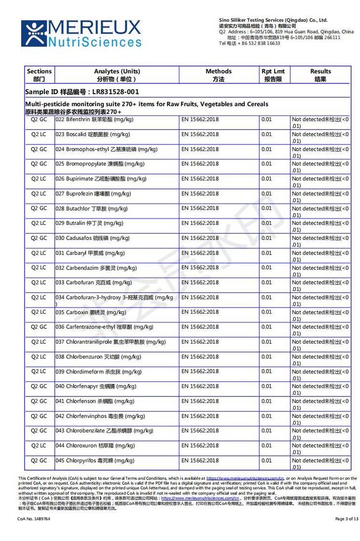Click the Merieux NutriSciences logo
click(x=81, y=33)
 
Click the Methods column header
click(x=218, y=75)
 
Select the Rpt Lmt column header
click(x=273, y=75)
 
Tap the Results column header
click(x=321, y=75)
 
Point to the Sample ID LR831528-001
click(x=82, y=92)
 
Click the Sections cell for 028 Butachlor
click(x=39, y=208)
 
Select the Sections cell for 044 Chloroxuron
click(x=39, y=445)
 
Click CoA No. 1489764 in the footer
click(x=34, y=519)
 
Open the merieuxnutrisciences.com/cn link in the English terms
click(x=245, y=478)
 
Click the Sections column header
click(x=39, y=75)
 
